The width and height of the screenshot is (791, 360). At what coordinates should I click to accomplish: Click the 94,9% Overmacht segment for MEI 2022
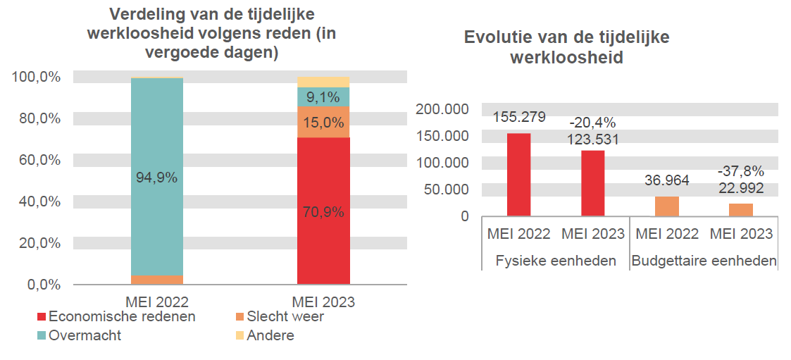click(156, 176)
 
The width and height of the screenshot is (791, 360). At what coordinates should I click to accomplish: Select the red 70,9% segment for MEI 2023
click(323, 211)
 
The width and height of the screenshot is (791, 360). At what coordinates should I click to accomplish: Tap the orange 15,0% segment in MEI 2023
click(323, 123)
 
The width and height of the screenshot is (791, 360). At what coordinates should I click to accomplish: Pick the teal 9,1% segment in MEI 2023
click(323, 97)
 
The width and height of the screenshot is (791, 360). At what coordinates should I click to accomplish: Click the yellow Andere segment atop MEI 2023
click(323, 82)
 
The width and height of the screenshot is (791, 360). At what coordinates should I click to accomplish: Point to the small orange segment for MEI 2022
click(156, 280)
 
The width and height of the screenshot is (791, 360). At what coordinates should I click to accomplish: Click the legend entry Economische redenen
click(116, 317)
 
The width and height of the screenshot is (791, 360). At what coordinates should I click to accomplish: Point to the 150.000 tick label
click(442, 136)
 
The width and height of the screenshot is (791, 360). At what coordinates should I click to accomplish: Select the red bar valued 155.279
click(519, 174)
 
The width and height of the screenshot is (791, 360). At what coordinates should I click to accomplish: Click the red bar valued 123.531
click(592, 182)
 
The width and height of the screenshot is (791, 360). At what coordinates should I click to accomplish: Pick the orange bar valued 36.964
click(666, 206)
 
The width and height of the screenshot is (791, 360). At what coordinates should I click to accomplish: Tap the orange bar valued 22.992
click(740, 209)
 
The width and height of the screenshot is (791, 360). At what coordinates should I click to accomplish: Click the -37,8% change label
click(740, 171)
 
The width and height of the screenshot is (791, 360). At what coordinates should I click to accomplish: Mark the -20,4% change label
click(592, 123)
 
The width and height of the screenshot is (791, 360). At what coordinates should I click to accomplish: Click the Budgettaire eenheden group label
click(704, 261)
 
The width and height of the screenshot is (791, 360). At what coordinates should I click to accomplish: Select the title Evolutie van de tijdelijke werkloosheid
click(566, 47)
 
